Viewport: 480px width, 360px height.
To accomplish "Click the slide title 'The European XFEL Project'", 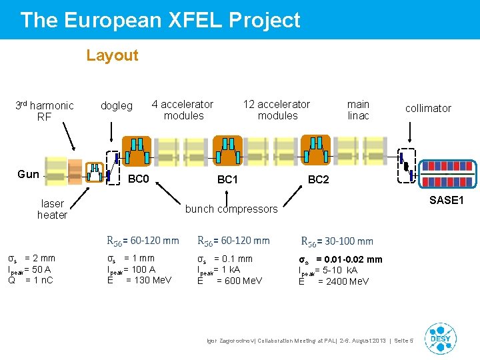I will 160,20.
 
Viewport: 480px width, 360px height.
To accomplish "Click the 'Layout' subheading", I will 112,55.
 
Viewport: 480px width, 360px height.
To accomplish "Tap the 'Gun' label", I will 28,174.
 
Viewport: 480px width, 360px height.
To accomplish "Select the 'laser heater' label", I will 52,209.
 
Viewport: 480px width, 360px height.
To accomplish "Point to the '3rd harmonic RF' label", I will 45,111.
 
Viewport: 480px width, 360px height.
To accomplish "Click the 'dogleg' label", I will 116,105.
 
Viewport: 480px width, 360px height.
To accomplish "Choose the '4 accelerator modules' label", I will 183,110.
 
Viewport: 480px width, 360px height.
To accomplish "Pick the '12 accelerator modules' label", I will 277,110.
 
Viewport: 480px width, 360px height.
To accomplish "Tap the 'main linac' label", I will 358,110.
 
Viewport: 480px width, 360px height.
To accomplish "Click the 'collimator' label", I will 428,108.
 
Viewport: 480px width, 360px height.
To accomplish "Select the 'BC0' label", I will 138,179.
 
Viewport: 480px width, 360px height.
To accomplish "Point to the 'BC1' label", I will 227,180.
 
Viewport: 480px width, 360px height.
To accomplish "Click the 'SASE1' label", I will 447,200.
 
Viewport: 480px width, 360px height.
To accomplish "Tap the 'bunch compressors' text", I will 231,209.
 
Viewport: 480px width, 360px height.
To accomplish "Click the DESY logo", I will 440,338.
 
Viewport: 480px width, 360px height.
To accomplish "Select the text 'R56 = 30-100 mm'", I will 337,241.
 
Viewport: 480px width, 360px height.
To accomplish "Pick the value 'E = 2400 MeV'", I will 333,281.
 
